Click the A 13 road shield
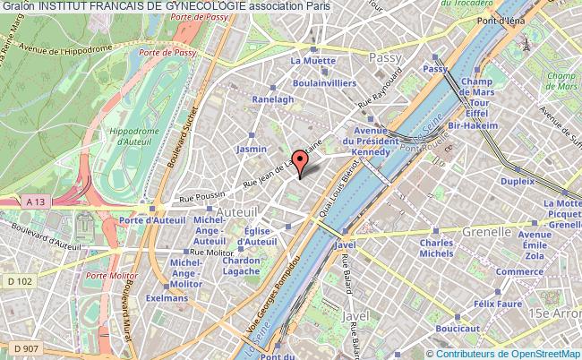tap(35, 202)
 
